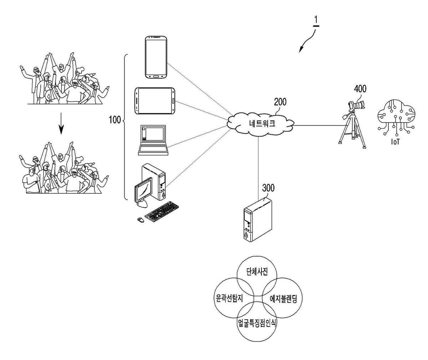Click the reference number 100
click(x=115, y=120)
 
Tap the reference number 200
click(x=280, y=102)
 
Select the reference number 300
click(x=268, y=188)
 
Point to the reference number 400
click(x=360, y=89)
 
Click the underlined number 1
click(x=316, y=20)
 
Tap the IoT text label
click(x=395, y=142)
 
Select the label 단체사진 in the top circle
click(x=257, y=272)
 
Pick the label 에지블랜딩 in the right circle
click(x=284, y=299)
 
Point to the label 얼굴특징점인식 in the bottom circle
click(x=257, y=323)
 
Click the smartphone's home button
click(x=156, y=76)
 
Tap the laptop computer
click(x=153, y=140)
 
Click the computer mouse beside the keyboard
click(x=141, y=220)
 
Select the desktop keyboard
click(x=162, y=211)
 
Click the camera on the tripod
click(x=357, y=105)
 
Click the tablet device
click(x=155, y=101)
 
